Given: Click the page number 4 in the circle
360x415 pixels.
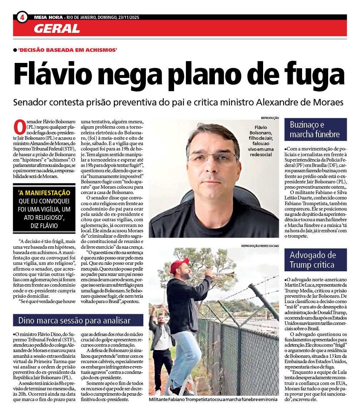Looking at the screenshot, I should [x=22, y=17].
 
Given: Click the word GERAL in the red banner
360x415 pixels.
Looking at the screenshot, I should [x=57, y=28].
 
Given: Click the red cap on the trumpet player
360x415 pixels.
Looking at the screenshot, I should [x=178, y=265].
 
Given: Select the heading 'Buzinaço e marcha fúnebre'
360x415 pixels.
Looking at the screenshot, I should [x=315, y=129].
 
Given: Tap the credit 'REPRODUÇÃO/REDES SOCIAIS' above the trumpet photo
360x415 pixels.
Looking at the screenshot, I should [x=260, y=246].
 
